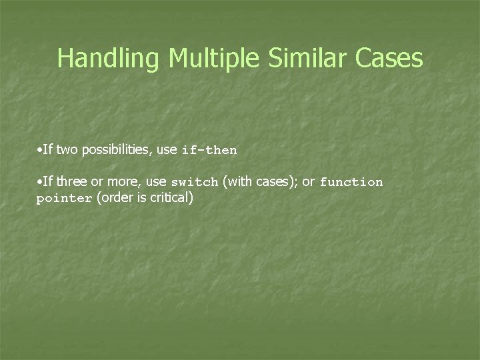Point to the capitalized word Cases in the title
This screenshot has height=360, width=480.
[389, 59]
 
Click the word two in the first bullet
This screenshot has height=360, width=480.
[67, 150]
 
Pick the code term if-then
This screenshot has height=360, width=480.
[209, 151]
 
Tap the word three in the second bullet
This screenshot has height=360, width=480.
[71, 181]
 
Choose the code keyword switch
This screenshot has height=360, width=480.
[195, 182]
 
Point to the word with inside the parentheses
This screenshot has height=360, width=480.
[238, 181]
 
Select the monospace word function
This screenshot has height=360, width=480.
[351, 182]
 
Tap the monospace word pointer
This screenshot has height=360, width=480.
[64, 199]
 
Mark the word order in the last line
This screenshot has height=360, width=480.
[113, 198]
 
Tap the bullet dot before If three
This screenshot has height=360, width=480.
[39, 181]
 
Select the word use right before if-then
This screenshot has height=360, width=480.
[167, 150]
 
